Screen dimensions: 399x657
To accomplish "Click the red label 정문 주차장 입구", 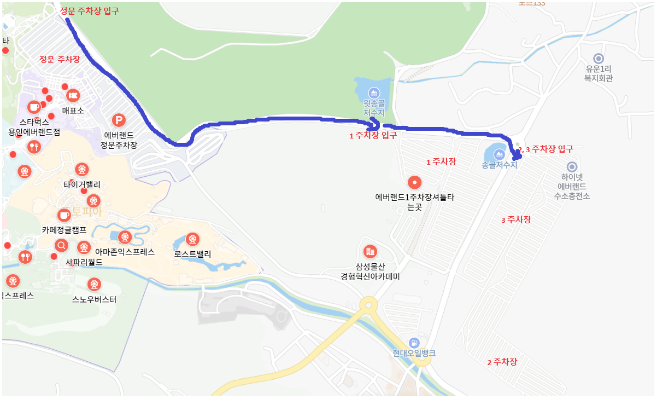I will click(x=89, y=11).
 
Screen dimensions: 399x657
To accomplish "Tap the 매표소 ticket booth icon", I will click(x=73, y=96).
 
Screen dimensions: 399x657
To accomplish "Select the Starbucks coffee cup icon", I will click(x=34, y=107).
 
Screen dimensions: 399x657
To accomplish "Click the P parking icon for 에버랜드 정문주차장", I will click(x=118, y=120).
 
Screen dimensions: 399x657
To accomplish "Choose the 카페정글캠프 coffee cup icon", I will click(x=64, y=214).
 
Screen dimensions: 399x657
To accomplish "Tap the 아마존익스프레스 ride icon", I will click(x=125, y=237).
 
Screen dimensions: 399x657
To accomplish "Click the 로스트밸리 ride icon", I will click(x=192, y=239).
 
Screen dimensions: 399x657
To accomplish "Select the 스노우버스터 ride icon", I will click(x=94, y=284).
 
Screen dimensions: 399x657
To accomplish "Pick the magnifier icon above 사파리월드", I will click(x=62, y=245).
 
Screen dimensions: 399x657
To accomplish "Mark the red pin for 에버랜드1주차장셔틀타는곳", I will click(x=415, y=182).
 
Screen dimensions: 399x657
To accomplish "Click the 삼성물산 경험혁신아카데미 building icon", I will click(x=370, y=251).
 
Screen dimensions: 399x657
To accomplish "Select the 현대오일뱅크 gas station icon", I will click(x=414, y=342).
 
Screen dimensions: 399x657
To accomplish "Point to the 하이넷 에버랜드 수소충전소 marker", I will click(x=572, y=167).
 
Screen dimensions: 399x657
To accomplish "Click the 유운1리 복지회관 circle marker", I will click(x=599, y=58).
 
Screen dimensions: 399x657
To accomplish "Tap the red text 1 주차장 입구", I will click(x=373, y=135).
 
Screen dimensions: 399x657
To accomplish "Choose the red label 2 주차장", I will click(x=502, y=362).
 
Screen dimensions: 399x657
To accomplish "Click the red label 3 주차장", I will click(x=516, y=219).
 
